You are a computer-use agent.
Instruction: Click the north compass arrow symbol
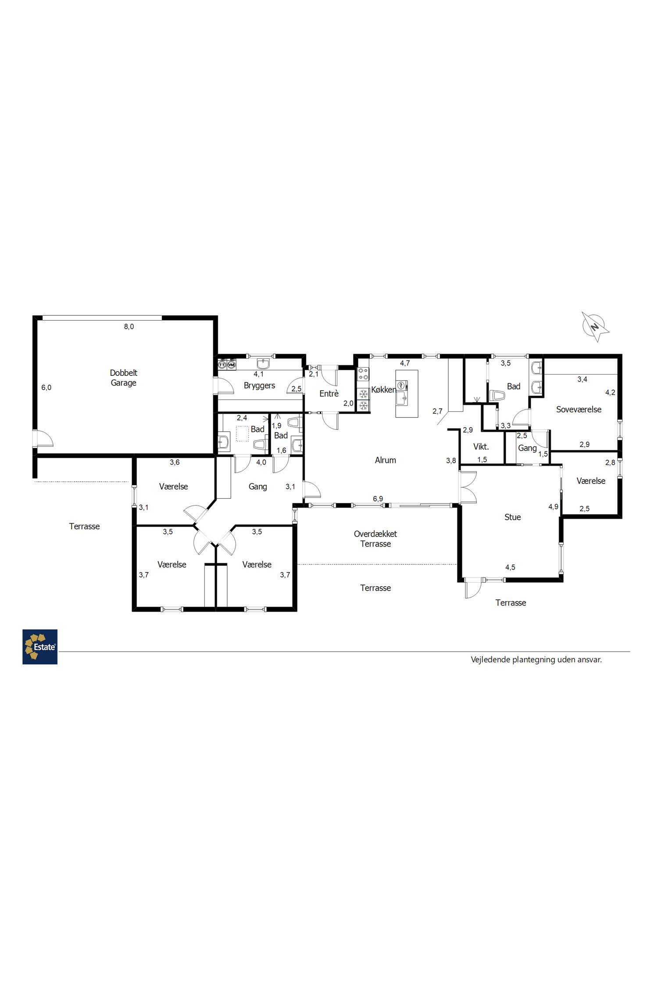click(595, 327)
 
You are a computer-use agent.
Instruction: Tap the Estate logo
click(40, 647)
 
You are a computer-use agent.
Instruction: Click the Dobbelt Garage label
click(124, 378)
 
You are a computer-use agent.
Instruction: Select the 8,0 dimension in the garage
click(129, 327)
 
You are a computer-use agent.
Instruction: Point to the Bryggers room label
click(260, 386)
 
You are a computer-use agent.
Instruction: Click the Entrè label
click(329, 393)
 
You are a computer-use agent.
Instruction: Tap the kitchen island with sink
click(407, 393)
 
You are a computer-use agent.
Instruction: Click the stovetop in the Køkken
click(363, 374)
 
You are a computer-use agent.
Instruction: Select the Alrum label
click(386, 460)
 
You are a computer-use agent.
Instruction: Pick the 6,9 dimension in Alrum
click(378, 498)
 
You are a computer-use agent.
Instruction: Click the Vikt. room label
click(481, 447)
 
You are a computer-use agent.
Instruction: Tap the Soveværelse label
click(579, 409)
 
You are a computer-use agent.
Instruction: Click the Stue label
click(513, 517)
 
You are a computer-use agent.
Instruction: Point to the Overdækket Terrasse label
click(375, 539)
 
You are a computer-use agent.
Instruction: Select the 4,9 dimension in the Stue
click(554, 507)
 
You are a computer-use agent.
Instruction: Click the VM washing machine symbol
click(232, 364)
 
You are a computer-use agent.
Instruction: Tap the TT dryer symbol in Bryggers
click(223, 364)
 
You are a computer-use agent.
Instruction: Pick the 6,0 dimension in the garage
click(46, 387)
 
